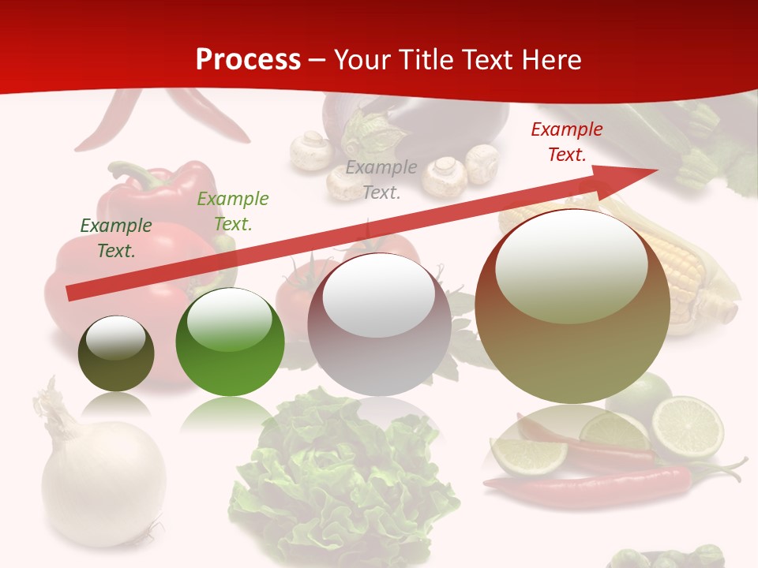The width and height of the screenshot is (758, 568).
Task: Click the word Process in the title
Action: [248, 60]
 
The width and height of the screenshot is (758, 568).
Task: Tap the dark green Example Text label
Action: [116, 238]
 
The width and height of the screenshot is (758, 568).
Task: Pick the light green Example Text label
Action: [233, 211]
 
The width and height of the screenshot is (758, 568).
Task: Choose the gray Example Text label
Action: [381, 179]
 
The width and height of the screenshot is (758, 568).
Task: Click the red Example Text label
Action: [567, 142]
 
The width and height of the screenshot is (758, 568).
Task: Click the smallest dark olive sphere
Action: [116, 354]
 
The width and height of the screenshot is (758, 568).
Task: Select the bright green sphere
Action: [230, 342]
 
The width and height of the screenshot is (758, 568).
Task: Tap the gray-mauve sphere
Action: [379, 325]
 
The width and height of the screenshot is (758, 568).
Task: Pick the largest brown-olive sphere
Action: [572, 316]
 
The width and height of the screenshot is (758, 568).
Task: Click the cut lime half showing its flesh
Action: [688, 427]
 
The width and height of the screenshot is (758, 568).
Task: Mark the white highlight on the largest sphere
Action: [571, 264]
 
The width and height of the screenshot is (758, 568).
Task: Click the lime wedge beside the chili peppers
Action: [527, 456]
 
